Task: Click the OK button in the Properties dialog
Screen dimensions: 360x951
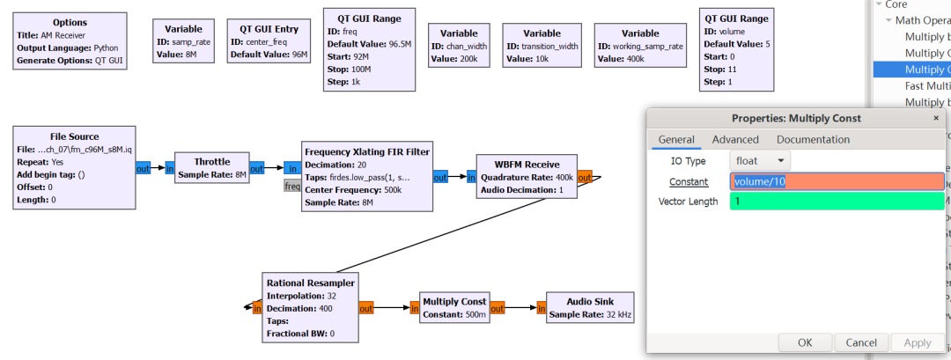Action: pos(805,342)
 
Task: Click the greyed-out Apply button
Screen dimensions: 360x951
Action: pos(917,342)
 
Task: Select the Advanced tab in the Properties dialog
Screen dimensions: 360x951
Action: pos(735,139)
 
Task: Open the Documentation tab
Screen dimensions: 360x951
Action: pos(813,139)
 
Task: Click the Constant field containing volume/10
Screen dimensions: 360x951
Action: pos(837,181)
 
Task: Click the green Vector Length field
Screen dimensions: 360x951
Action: pos(837,202)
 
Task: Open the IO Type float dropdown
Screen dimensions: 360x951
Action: pos(760,161)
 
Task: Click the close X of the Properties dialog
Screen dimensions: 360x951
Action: pos(936,118)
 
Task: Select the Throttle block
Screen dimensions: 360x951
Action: pos(212,168)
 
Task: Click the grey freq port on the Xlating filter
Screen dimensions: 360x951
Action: pos(291,186)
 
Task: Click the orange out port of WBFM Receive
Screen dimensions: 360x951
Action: pos(585,176)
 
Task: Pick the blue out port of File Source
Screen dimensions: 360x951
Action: pos(144,168)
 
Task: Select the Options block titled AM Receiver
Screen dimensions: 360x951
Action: pos(70,41)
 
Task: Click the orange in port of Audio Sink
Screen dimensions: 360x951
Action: pos(538,308)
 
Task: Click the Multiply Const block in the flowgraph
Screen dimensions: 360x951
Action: pos(453,308)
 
